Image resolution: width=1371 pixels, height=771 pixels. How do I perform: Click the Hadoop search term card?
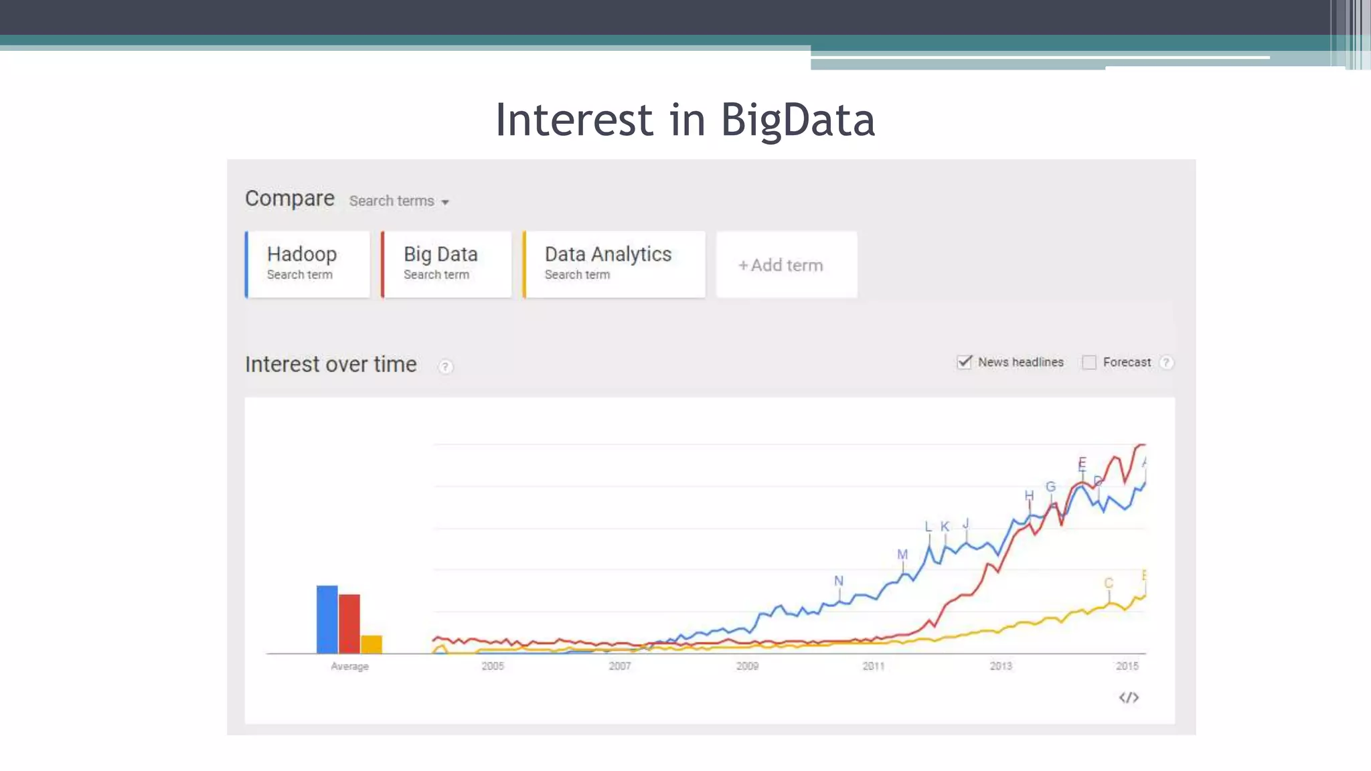coord(308,264)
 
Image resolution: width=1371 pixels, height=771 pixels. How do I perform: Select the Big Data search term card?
coord(447,264)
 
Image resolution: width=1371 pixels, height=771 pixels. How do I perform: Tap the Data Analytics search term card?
coord(614,264)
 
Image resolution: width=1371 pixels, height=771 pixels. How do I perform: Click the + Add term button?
coord(786,265)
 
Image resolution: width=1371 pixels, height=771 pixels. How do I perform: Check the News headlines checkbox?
coord(964,362)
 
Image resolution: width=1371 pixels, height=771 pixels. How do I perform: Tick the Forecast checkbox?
coord(1089,363)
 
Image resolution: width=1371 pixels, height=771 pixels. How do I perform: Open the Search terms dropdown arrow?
coord(445,202)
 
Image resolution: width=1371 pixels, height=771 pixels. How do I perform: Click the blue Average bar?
coord(327,619)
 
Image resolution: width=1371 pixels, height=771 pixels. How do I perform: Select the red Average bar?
coord(349,623)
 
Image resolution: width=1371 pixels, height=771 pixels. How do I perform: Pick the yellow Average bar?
coord(372,644)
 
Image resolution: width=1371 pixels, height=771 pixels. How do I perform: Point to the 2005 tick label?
coord(493,666)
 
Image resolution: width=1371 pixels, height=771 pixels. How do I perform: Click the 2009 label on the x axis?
coord(747,666)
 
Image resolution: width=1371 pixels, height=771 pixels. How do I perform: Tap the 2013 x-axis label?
coord(1001,666)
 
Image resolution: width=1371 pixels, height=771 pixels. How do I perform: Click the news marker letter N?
coord(839,581)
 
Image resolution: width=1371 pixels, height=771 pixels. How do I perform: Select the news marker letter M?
coord(902,555)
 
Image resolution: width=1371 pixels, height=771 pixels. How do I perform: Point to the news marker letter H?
coord(1029,495)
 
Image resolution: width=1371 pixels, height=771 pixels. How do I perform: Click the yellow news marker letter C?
coord(1109,583)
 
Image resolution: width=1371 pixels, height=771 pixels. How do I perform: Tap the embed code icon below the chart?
coord(1129,697)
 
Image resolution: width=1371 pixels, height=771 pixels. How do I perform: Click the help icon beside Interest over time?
coord(445,367)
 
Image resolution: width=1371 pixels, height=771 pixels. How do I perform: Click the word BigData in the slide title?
coord(797,120)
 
